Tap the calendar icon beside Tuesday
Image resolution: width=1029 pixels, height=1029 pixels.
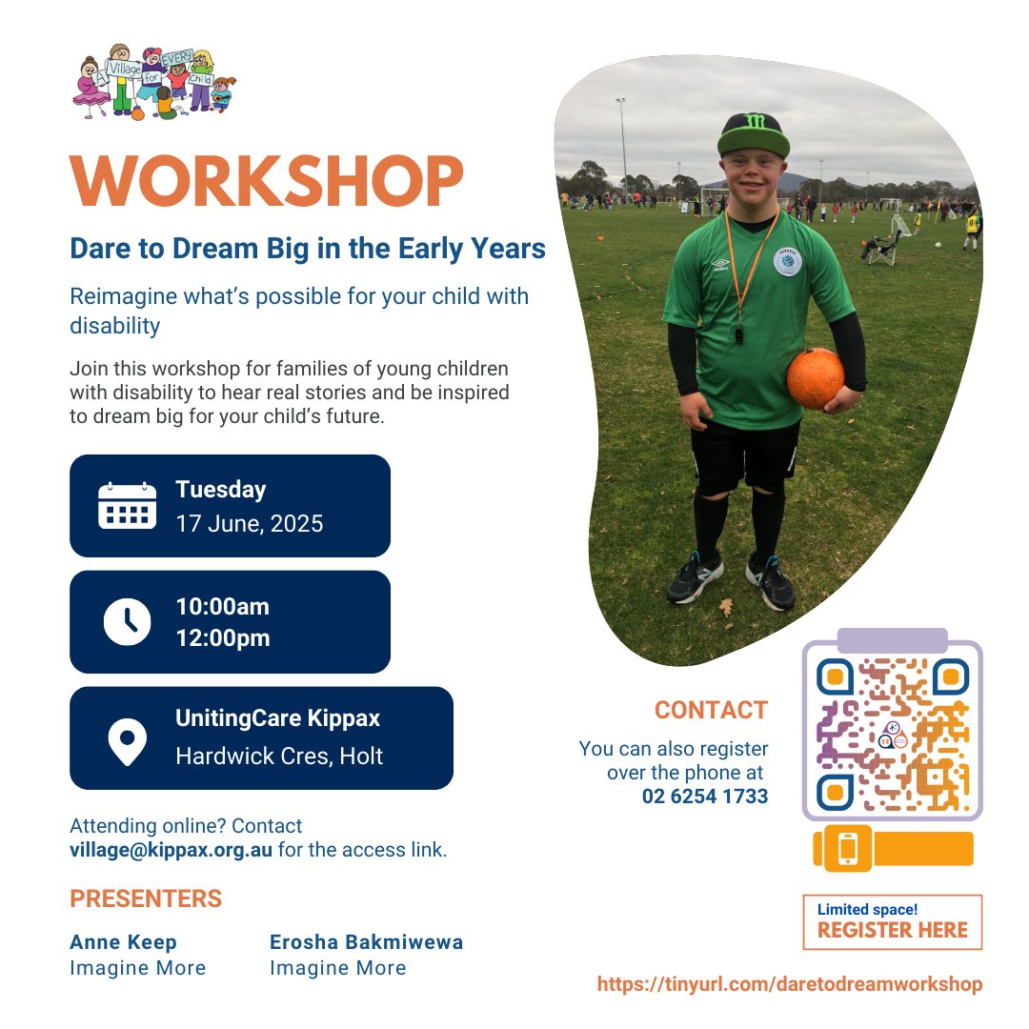[x=128, y=505]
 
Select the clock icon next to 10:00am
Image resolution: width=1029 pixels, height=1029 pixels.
[x=128, y=621]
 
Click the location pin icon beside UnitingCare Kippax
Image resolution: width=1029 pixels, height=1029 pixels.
[x=128, y=741]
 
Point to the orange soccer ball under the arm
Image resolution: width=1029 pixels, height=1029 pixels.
[x=815, y=379]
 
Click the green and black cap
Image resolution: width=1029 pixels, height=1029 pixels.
[x=754, y=134]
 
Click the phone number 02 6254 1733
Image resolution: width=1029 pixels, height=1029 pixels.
[x=705, y=796]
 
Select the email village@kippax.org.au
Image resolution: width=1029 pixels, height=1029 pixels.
[x=171, y=850]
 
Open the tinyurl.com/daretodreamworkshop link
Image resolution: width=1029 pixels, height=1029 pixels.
[x=790, y=984]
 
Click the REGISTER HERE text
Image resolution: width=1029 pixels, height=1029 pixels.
[x=893, y=930]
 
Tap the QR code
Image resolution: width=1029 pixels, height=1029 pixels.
[x=893, y=734]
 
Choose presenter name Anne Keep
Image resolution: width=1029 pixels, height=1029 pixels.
[x=123, y=941]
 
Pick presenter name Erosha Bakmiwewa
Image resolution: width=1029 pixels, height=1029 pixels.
[x=366, y=941]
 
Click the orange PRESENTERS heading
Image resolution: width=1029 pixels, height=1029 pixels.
[x=146, y=899]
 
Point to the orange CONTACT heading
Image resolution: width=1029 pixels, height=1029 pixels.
[x=711, y=710]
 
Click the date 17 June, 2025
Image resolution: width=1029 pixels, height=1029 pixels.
[x=250, y=524]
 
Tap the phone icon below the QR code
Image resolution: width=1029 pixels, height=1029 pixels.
[x=848, y=849]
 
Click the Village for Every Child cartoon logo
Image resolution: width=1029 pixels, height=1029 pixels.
[x=154, y=83]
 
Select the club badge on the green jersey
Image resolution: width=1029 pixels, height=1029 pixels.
[x=788, y=261]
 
